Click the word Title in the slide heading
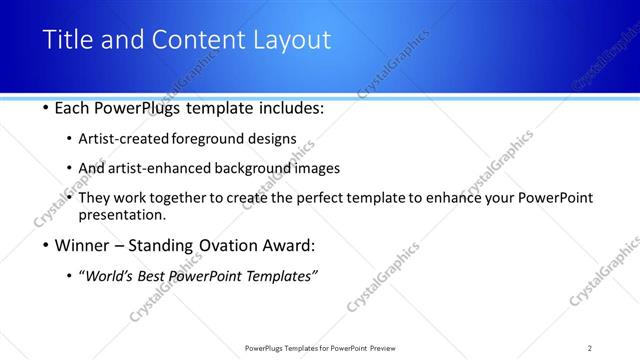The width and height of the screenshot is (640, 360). [x=67, y=40]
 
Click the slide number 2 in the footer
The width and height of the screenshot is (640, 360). [x=589, y=348]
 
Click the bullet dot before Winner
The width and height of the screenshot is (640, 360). [x=47, y=245]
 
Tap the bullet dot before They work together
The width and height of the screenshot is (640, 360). [x=69, y=198]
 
